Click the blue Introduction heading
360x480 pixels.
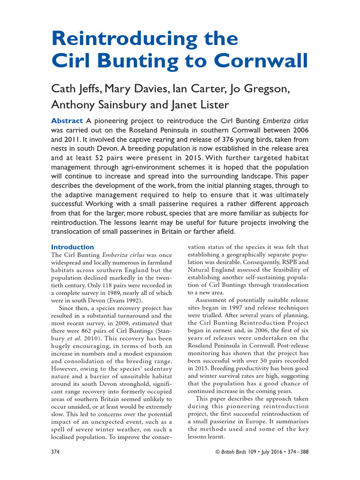click(72, 247)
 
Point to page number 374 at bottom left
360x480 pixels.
click(55, 452)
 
